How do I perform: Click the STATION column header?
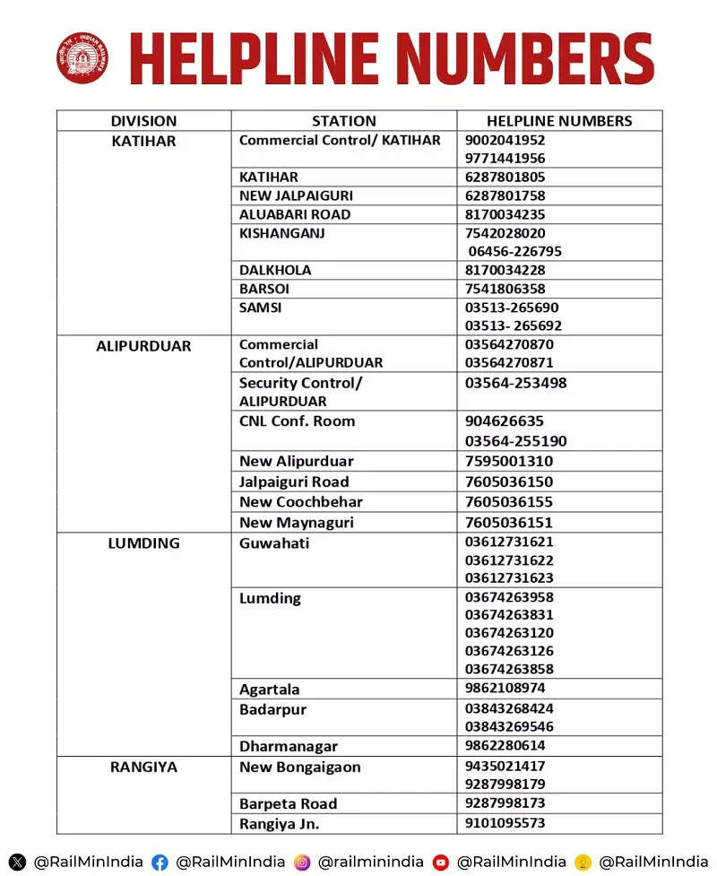(343, 121)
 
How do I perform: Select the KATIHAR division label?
(143, 141)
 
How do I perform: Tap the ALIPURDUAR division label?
(143, 345)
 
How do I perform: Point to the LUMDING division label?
(143, 543)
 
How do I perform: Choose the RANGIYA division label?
(143, 768)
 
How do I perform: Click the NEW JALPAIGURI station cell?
(296, 195)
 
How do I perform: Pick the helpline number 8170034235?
(505, 214)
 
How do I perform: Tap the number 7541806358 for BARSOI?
(505, 289)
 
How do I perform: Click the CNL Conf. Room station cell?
(297, 421)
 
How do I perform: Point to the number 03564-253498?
(515, 383)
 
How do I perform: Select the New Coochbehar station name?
(300, 502)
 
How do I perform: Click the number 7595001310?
(509, 461)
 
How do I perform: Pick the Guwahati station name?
(274, 543)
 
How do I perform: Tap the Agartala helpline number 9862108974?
(505, 688)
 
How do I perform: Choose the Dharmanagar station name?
(289, 746)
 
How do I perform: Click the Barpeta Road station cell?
(288, 803)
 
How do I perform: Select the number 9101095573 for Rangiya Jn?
(505, 822)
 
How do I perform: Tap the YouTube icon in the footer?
(440, 863)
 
